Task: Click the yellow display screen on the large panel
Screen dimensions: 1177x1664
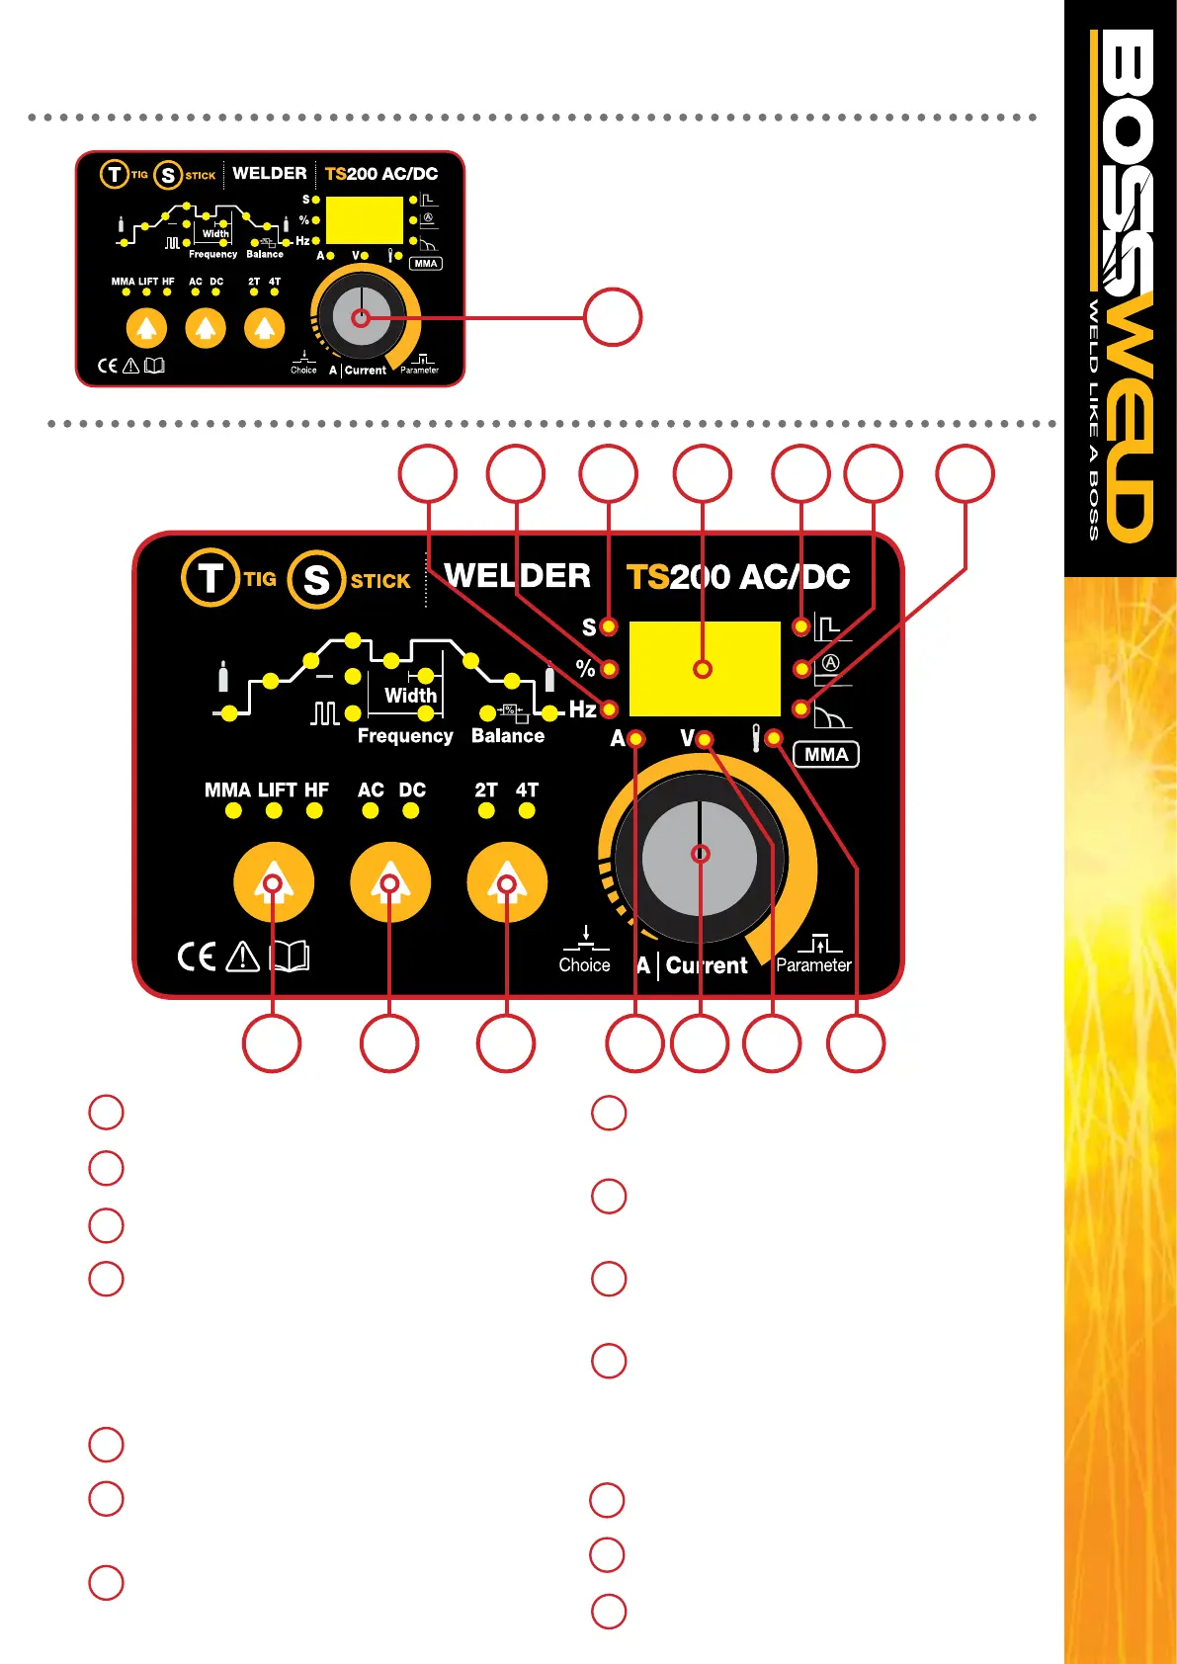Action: point(704,669)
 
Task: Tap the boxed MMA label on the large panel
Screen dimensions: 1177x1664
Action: point(826,755)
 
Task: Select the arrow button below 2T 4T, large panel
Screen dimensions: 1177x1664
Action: point(507,882)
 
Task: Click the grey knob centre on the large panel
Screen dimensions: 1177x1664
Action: point(700,854)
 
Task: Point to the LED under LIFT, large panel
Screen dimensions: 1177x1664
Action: point(274,811)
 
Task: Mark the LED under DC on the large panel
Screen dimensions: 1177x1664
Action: point(411,811)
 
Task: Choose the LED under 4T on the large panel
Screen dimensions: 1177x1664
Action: point(527,811)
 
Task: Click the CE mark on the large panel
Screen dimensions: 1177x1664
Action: point(197,957)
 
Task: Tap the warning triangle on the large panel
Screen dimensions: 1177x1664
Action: point(242,957)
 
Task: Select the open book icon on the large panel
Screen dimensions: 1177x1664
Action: point(290,957)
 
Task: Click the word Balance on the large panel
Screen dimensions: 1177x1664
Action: point(508,736)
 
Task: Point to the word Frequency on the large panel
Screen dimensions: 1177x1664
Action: point(405,736)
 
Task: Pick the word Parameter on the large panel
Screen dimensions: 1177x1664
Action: point(813,965)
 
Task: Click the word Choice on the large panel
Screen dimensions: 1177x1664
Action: point(584,965)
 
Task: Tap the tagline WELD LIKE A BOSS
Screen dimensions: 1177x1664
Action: point(1094,420)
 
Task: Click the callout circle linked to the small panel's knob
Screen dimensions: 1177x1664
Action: point(613,317)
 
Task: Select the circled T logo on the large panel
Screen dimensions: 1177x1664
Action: point(210,578)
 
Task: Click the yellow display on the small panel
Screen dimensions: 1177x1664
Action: point(364,219)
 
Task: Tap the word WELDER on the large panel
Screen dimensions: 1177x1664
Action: point(517,576)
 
